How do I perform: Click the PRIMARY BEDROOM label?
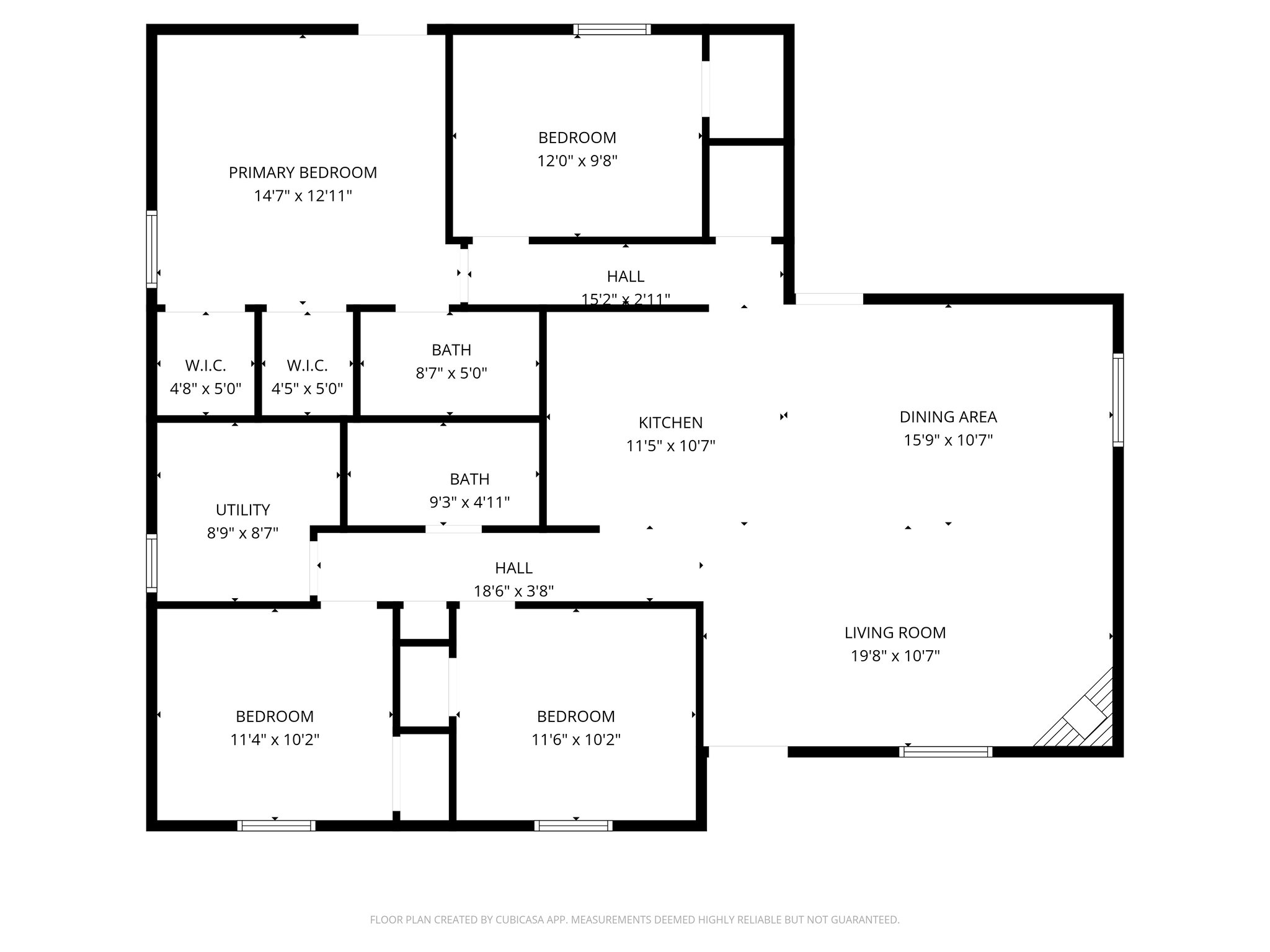pos(303,172)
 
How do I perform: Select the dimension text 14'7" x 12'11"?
pos(303,196)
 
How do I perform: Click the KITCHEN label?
pos(670,423)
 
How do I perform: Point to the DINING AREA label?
pos(948,417)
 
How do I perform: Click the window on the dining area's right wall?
pos(1117,400)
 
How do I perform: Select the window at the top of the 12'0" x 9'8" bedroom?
pos(611,29)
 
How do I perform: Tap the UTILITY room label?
pos(242,510)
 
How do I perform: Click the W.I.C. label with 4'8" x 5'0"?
pos(205,366)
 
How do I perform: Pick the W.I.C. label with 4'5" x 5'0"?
pos(307,366)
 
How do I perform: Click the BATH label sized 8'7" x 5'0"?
pos(451,350)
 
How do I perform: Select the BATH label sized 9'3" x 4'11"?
pos(469,479)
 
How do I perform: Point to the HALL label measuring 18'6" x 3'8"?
pos(513,568)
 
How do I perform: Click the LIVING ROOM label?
pos(895,633)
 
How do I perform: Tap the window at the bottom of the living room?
pos(946,752)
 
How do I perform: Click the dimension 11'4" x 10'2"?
pos(275,739)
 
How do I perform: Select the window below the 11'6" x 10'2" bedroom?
pos(573,826)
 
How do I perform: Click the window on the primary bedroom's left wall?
pos(151,249)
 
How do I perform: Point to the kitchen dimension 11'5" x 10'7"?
pos(670,446)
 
